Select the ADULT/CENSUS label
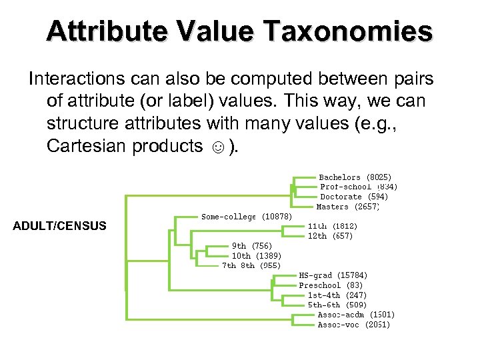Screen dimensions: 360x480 [59, 226]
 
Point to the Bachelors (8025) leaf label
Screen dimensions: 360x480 [350, 177]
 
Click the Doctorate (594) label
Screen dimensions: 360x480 [354, 197]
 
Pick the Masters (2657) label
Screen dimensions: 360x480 [347, 207]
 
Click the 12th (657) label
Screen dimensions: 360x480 [330, 236]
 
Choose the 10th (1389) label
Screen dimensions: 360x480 [256, 256]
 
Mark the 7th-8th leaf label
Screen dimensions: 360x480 [247, 265]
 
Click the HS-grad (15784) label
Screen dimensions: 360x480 [333, 275]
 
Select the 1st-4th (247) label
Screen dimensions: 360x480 [337, 295]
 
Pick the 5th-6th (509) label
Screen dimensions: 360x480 [337, 305]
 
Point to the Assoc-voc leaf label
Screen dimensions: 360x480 [353, 325]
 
